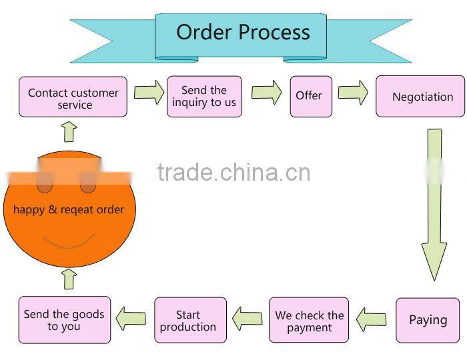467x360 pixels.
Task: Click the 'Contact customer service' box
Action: (73, 97)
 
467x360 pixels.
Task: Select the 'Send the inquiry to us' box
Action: (204, 97)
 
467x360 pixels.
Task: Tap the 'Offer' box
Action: (310, 97)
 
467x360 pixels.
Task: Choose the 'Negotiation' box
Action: (420, 97)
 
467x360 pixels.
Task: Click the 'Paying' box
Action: (428, 320)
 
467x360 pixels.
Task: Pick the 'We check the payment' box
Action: (309, 321)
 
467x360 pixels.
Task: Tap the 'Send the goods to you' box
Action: (64, 320)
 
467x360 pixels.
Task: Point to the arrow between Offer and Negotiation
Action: (353, 93)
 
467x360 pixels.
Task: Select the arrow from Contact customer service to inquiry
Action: (149, 92)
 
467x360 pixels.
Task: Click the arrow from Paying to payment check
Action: (371, 320)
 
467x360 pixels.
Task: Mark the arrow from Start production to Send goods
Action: (131, 318)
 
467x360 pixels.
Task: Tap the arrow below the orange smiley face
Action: (70, 279)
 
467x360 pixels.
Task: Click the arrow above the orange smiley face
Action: (69, 131)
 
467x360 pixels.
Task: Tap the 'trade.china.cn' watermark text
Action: (233, 173)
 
